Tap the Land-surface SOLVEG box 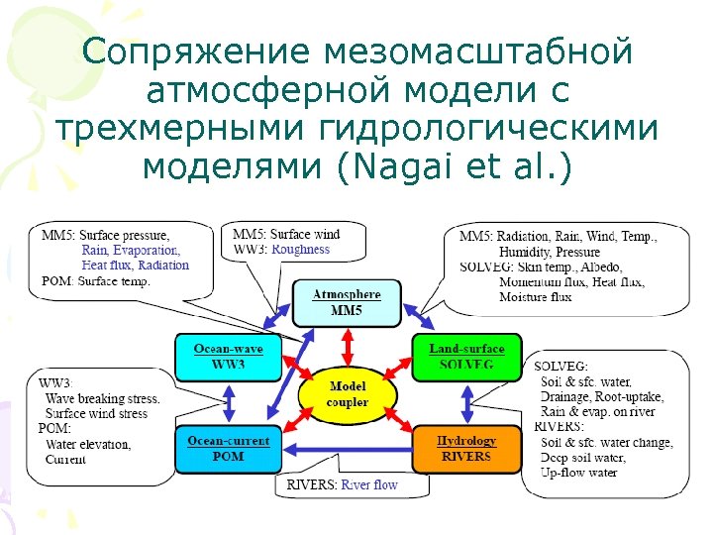coord(466,357)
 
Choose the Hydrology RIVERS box coord(465,448)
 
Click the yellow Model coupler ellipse coord(347,394)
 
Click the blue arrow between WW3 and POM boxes coord(229,402)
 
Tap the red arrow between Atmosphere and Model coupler coord(347,347)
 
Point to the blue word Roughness coord(300,250)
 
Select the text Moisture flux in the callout coord(536,296)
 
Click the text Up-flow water coord(578,472)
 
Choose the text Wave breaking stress coord(102,398)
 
